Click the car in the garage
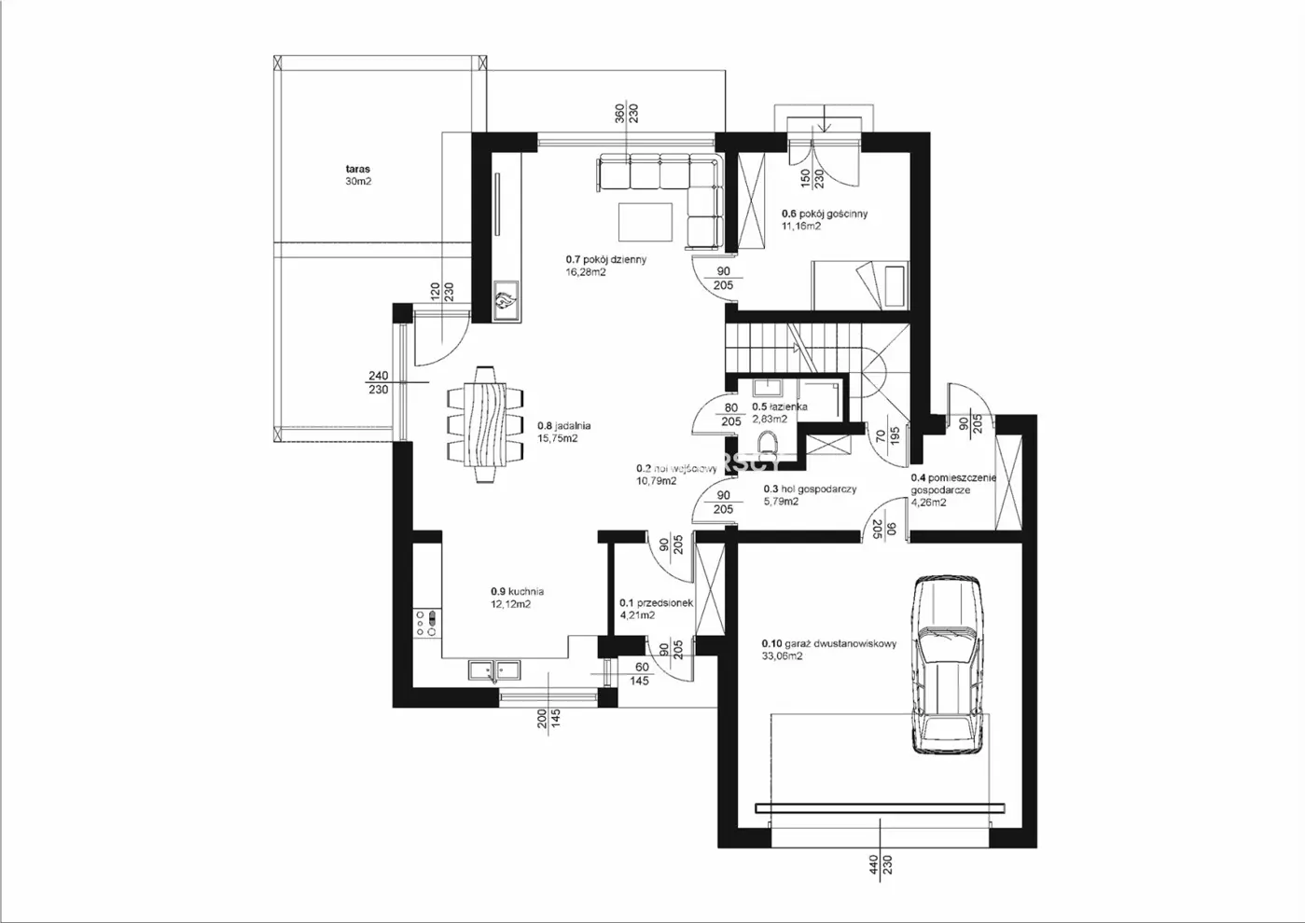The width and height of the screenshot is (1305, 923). click(948, 665)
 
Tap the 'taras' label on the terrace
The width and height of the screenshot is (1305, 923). click(358, 170)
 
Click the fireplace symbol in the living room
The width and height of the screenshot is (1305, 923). click(507, 301)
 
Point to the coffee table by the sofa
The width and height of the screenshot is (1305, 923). click(646, 222)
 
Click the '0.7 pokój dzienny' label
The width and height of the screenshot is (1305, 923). click(606, 260)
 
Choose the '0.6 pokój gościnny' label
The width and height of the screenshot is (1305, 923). click(825, 214)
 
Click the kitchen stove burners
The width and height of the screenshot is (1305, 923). click(427, 623)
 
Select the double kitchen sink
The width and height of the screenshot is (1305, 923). click(494, 669)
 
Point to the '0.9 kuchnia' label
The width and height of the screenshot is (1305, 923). click(517, 591)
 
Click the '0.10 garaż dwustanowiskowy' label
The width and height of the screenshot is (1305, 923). click(829, 643)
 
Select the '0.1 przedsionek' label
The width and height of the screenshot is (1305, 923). click(656, 603)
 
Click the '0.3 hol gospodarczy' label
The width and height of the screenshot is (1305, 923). click(810, 489)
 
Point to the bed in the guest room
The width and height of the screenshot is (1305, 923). click(859, 284)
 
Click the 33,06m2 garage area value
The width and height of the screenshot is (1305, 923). click(782, 656)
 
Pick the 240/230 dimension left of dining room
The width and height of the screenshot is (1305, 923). click(378, 383)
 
